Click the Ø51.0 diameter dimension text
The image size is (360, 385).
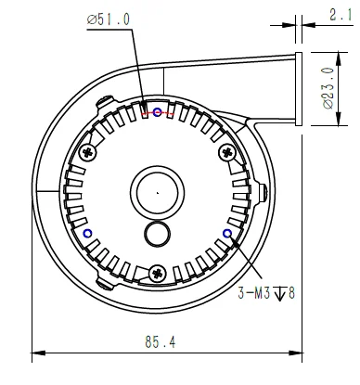coord(109,19)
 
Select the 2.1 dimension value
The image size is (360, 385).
coord(341,15)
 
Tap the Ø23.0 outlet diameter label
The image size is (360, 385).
coord(328,88)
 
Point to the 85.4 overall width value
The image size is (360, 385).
coord(161,342)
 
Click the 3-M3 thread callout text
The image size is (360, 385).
coord(254,292)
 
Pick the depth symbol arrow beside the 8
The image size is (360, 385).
coord(280,293)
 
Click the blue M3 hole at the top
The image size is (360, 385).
coord(158,112)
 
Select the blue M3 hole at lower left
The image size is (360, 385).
coord(88,234)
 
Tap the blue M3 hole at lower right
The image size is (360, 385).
coord(227,234)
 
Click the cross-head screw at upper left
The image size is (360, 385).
coord(88,152)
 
